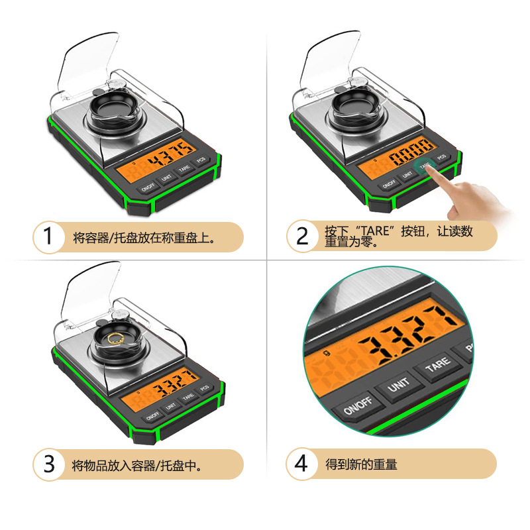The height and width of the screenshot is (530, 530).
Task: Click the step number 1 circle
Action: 48,237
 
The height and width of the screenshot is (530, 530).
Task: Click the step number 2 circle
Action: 302,237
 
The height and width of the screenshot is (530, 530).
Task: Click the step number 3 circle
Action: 48,464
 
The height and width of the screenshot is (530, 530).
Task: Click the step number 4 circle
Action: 302,464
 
